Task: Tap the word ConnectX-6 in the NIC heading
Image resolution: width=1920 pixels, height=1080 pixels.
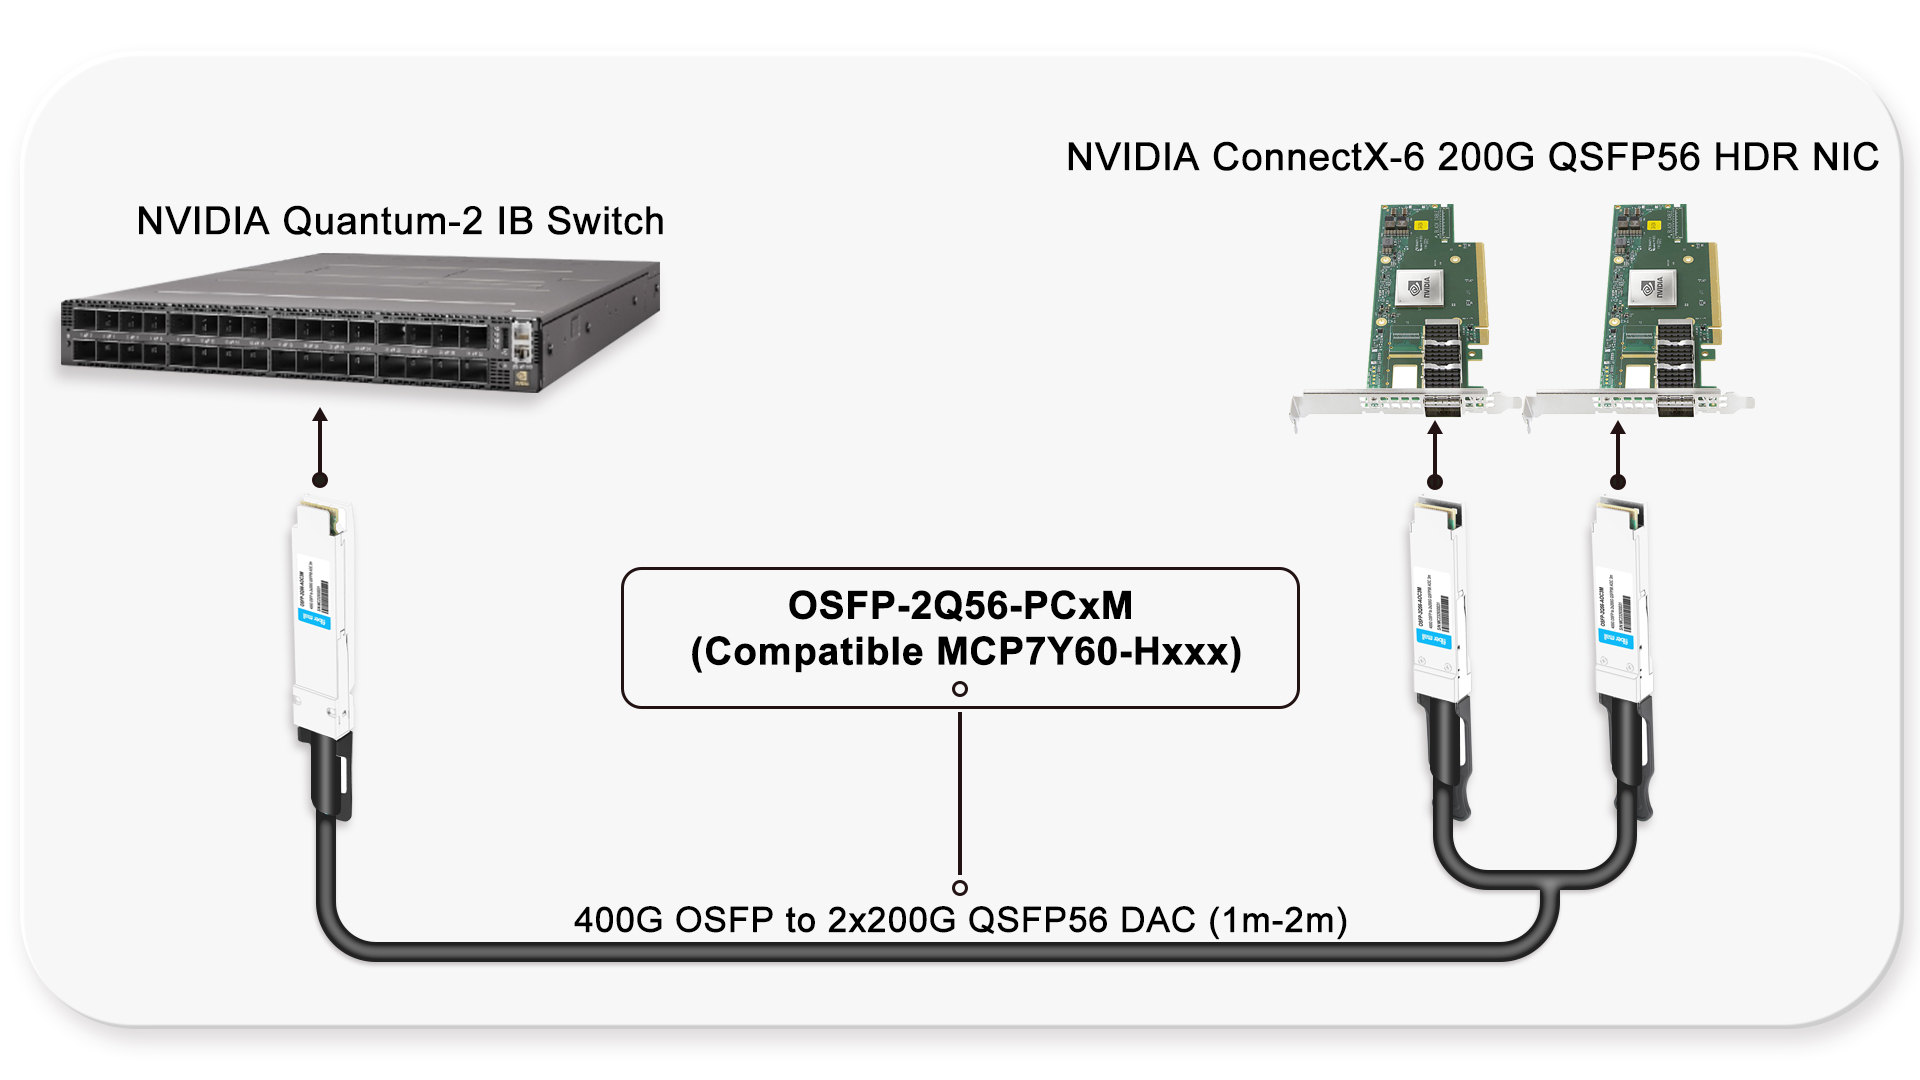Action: tap(1318, 157)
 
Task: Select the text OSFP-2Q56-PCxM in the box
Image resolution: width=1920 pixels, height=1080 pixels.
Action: tap(960, 606)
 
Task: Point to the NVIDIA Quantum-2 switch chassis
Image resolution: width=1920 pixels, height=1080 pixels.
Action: tap(360, 325)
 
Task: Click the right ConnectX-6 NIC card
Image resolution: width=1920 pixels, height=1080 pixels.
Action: tap(1655, 310)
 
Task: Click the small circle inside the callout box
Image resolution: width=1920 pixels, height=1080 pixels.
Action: tap(960, 689)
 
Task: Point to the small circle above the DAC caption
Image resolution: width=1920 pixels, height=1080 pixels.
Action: tap(960, 888)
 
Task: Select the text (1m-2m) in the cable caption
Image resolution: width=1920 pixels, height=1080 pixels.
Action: tap(1278, 920)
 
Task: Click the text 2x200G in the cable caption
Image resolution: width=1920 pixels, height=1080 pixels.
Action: tap(891, 920)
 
